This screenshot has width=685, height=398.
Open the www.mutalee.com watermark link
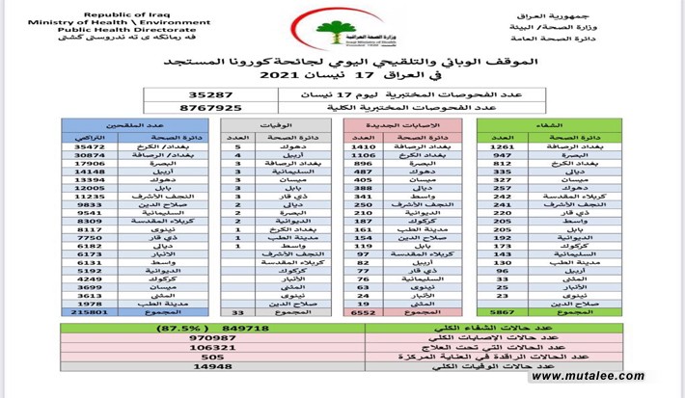(597, 376)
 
